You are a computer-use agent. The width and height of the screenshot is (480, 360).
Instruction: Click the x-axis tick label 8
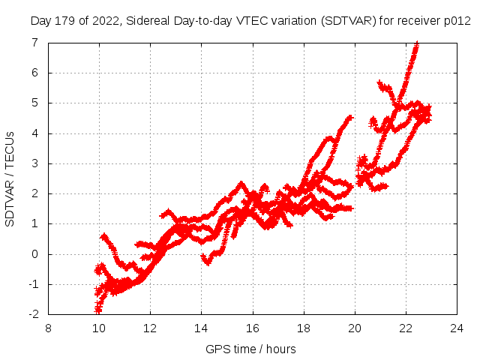49,328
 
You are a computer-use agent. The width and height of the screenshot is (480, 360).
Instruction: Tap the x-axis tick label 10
98,328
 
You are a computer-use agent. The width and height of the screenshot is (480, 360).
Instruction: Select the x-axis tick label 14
201,328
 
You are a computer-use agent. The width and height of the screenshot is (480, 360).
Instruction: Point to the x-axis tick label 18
304,328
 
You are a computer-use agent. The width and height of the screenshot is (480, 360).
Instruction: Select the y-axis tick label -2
33,314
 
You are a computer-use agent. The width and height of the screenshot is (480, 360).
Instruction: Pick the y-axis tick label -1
33,284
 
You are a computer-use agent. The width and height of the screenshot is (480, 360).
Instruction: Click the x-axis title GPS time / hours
250,349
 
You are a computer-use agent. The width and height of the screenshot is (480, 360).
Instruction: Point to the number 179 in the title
64,21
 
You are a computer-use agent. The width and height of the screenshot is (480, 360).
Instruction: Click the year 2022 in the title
104,21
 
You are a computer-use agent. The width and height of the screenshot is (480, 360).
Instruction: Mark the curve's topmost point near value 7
417,44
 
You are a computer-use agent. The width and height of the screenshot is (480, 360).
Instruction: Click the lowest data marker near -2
97,310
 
